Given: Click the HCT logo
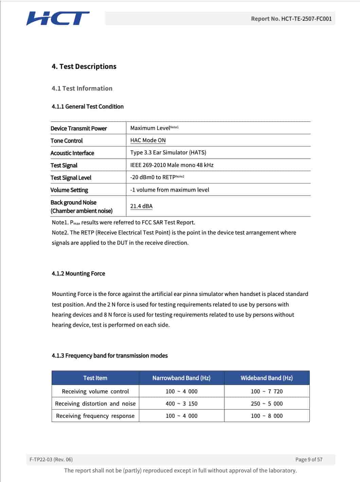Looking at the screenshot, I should pos(58,18).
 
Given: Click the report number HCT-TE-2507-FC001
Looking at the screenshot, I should pos(291,19).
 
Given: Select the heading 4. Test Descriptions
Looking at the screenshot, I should pos(84,67).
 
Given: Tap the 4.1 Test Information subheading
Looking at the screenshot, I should pos(82,88).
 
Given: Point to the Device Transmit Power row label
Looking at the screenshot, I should pos(78,128).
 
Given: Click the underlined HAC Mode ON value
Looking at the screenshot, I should pos(148,140).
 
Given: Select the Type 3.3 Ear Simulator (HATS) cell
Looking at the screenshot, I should pos(168,152).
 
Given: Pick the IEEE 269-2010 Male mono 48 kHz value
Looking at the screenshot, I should pos(172,165).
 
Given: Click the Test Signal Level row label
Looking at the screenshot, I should pos(71,178).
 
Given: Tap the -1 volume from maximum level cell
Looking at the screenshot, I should pos(169,190).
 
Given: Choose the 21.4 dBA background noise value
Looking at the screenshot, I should pos(141,206).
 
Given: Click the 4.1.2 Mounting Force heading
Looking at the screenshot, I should pos(78,274).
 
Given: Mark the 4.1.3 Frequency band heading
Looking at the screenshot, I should pos(109,356).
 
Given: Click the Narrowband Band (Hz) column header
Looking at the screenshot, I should pos(181,378).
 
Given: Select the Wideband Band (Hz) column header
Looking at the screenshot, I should pos(267,378).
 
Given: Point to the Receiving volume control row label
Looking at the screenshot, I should pos(95,391).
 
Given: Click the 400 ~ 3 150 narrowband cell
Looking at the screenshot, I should pos(181,404).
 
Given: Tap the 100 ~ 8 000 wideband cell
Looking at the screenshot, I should pos(267,416).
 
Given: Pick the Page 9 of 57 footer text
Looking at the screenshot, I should pos(309,460).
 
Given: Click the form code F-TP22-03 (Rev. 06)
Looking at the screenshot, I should pos(51,460).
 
